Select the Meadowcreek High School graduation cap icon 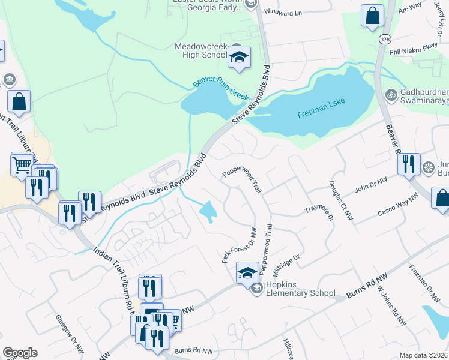(239, 58)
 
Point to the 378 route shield (384, 38)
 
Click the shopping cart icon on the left (22, 163)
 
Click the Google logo (20, 353)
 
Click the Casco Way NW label (397, 206)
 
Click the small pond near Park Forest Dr (208, 211)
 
